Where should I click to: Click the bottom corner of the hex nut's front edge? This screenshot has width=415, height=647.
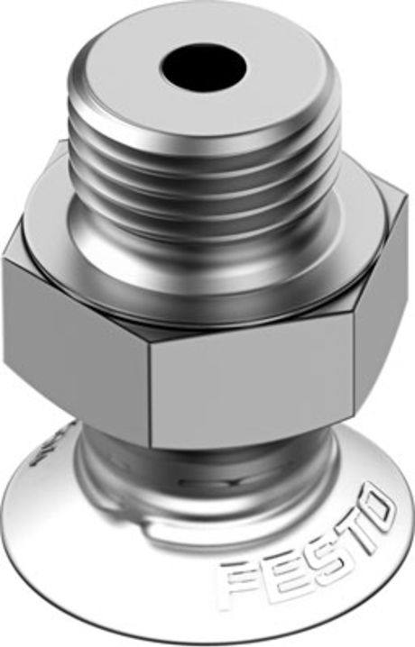(152, 447)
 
